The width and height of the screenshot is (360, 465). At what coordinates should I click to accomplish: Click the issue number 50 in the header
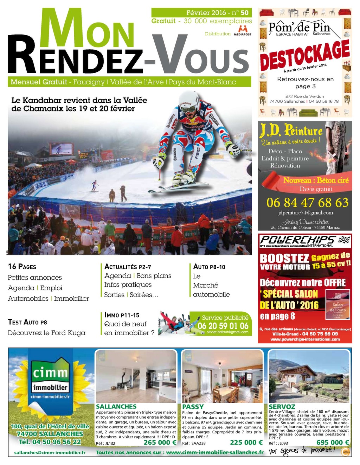click(244, 13)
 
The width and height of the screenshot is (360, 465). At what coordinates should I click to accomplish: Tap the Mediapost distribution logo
click(242, 31)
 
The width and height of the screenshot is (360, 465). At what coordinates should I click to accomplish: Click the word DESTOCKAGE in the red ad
click(304, 55)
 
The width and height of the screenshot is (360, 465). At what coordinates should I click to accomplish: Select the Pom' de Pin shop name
click(299, 27)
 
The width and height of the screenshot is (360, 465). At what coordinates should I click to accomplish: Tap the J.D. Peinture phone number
click(307, 203)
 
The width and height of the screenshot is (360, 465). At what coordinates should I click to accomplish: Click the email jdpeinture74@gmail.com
click(305, 212)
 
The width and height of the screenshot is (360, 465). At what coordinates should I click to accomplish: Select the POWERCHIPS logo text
click(297, 240)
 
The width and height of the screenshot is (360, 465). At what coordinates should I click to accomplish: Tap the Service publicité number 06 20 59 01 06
click(223, 326)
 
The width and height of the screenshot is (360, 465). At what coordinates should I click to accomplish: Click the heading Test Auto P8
click(27, 322)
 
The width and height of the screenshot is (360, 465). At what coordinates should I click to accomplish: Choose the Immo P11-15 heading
click(122, 315)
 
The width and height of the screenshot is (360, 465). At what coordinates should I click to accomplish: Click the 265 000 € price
click(160, 442)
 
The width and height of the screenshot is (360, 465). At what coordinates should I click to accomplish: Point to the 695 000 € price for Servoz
click(333, 442)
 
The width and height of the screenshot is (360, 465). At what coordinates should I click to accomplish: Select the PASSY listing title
click(193, 407)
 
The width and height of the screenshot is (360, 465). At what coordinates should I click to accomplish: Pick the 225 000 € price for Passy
click(246, 442)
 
